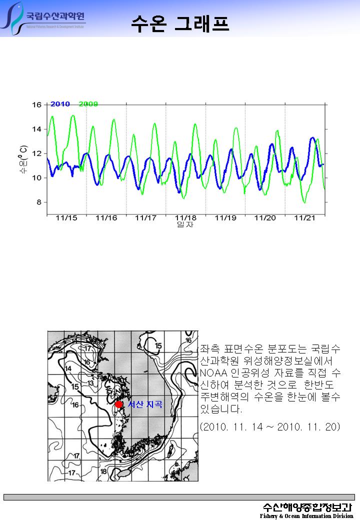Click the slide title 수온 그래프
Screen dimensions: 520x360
click(180, 22)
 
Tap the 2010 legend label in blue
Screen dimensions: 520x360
click(60, 104)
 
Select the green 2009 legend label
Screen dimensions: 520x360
click(88, 104)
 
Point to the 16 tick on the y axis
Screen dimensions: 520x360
click(36, 105)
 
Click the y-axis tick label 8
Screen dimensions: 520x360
click(38, 202)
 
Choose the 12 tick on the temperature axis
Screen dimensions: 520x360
click(36, 153)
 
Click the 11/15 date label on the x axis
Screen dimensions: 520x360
click(66, 218)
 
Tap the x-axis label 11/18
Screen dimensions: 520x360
click(185, 218)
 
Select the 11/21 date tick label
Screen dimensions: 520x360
click(304, 218)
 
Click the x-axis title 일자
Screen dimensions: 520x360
click(185, 225)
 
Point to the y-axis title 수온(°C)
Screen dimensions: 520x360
click(23, 160)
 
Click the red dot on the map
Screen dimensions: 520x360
click(118, 404)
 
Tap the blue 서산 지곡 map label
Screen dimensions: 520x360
click(145, 404)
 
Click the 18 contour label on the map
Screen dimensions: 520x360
click(103, 471)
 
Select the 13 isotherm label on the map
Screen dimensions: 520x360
click(90, 383)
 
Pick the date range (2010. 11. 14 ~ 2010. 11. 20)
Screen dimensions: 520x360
click(269, 426)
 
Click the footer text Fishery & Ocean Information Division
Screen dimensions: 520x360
click(306, 516)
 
